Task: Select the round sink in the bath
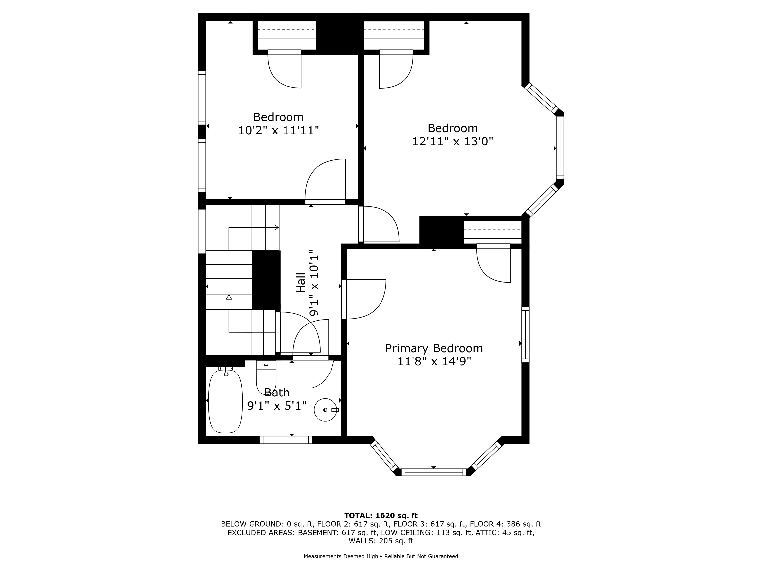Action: click(x=325, y=410)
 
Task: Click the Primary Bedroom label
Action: click(x=434, y=348)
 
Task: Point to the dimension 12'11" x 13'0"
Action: click(x=453, y=141)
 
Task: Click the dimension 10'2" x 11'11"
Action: click(x=278, y=130)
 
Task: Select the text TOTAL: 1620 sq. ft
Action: click(x=381, y=515)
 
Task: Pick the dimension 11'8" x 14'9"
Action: click(x=434, y=361)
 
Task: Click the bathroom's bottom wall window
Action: click(x=286, y=440)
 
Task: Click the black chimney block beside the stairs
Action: click(x=266, y=280)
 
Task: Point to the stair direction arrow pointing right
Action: click(x=276, y=228)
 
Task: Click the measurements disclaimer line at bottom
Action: click(x=381, y=556)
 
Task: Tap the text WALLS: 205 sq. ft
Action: click(x=381, y=541)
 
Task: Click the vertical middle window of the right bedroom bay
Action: click(x=560, y=147)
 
